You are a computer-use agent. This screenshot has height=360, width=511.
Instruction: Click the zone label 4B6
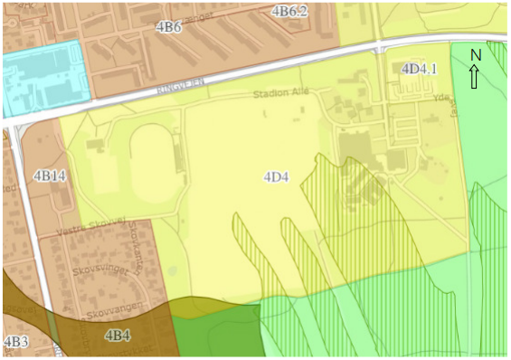169,27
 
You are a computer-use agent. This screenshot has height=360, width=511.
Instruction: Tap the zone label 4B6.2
290,11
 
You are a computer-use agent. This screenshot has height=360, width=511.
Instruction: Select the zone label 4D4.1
420,68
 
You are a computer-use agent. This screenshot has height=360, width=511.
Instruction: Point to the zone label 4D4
276,176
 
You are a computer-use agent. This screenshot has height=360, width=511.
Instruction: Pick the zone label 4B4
118,336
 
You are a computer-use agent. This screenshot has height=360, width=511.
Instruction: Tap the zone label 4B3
15,342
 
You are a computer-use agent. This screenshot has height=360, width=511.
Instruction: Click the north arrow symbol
476,78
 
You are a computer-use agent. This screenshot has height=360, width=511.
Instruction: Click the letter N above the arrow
476,56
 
